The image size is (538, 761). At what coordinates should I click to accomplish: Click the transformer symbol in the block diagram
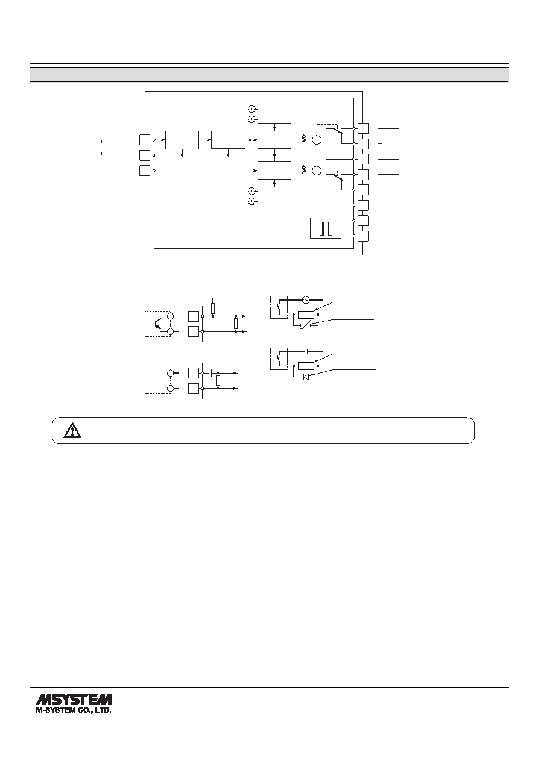tap(326, 228)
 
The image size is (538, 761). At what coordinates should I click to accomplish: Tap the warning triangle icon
tap(72, 430)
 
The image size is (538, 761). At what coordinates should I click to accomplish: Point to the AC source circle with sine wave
tap(306, 299)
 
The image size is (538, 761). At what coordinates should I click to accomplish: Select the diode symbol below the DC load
tap(306, 377)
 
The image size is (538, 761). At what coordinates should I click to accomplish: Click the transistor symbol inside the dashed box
tap(157, 324)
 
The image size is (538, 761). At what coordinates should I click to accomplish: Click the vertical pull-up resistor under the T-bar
tap(213, 308)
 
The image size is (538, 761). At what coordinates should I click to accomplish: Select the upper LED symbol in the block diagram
tap(304, 139)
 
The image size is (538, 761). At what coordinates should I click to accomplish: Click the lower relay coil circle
tap(317, 170)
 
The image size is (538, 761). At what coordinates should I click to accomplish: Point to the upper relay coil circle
tap(317, 140)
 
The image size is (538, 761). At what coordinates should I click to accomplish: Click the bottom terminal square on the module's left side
tap(145, 171)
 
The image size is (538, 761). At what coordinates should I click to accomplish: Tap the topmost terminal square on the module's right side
tap(363, 128)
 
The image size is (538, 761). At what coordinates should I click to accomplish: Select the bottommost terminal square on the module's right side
tap(363, 236)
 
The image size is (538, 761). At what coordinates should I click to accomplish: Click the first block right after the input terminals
tap(182, 140)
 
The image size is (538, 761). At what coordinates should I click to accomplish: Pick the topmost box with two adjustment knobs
tap(274, 114)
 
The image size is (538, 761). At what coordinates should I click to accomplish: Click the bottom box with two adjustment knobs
tap(274, 196)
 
